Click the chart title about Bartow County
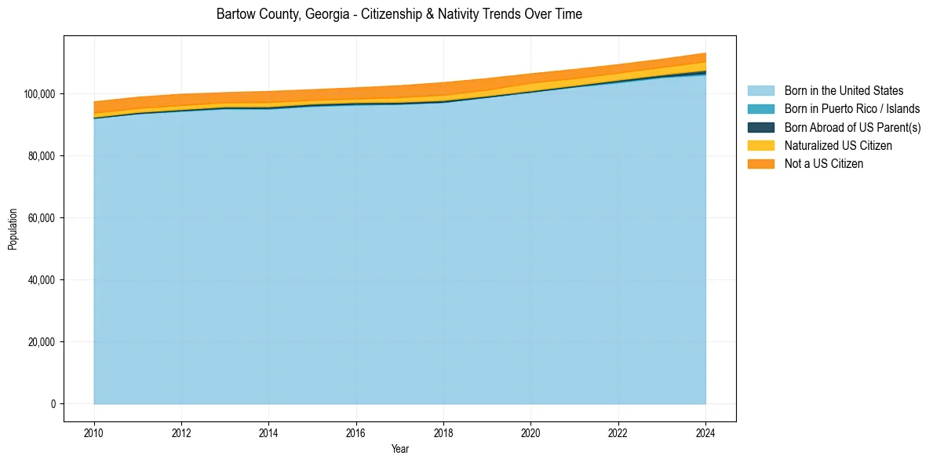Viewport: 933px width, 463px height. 399,14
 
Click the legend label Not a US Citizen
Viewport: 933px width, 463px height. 824,163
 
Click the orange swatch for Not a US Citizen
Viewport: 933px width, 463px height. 760,163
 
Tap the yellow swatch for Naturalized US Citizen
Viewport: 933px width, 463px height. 760,145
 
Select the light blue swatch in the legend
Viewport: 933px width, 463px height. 760,91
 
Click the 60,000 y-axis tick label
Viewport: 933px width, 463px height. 42,218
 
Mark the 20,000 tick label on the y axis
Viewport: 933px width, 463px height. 42,342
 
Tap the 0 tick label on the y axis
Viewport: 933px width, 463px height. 53,404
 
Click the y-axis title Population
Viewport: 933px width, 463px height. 13,229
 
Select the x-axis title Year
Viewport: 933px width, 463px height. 399,449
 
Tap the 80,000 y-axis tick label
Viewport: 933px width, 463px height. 42,156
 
